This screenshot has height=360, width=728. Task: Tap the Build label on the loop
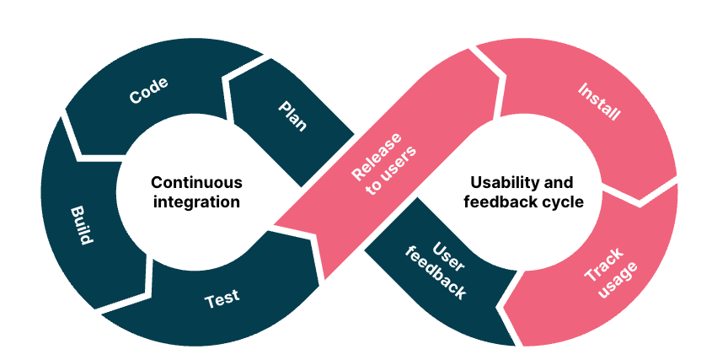[x=81, y=223]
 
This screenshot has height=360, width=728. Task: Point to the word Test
[x=222, y=298]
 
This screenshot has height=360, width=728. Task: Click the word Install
[x=599, y=101]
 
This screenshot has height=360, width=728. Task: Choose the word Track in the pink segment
[x=603, y=263]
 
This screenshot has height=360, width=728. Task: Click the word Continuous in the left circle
[x=196, y=182]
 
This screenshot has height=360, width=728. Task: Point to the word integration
[x=196, y=202]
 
